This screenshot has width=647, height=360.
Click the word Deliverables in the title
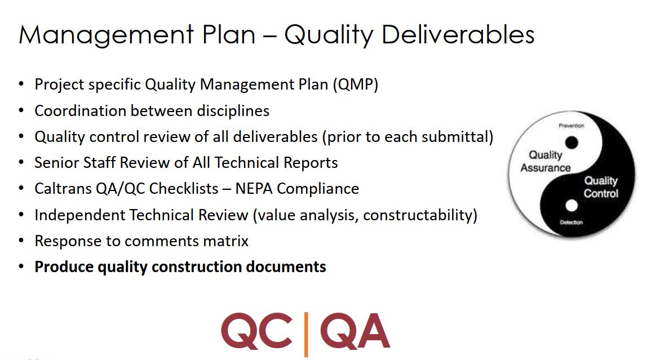click(458, 34)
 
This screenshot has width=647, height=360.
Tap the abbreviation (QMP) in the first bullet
click(355, 85)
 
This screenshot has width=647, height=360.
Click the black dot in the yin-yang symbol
click(571, 143)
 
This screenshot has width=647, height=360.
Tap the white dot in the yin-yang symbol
click(571, 205)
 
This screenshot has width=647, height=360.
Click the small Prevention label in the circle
click(571, 126)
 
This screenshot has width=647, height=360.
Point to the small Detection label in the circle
click(571, 223)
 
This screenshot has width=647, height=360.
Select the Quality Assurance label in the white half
click(546, 161)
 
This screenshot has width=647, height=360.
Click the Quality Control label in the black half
click(601, 187)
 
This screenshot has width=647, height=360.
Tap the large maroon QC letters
click(256, 331)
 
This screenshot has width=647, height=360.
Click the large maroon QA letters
click(355, 331)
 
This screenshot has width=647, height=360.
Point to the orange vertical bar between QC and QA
click(306, 334)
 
